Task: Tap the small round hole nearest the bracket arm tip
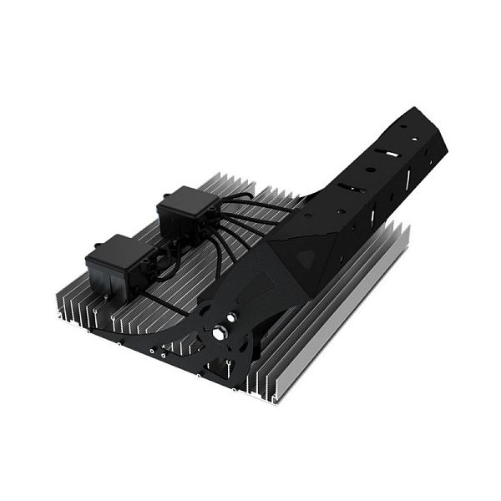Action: click(404, 125)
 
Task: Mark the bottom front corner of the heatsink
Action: click(269, 399)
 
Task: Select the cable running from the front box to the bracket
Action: click(167, 302)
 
